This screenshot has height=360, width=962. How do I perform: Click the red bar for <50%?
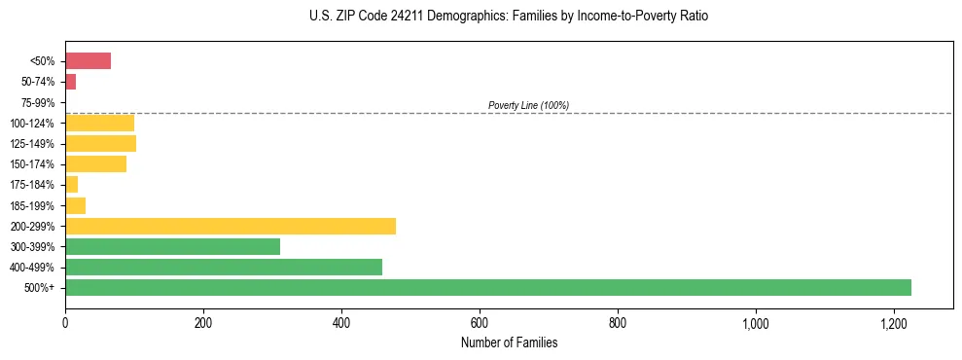(x=88, y=61)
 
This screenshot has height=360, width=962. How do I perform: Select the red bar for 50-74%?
(x=70, y=82)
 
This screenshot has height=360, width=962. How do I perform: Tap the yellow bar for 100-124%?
(x=99, y=123)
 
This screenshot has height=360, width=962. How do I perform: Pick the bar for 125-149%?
(x=100, y=143)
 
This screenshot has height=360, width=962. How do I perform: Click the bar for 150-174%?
(x=95, y=164)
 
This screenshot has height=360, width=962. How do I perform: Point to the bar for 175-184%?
(x=71, y=185)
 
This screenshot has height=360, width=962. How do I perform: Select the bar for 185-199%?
(x=75, y=205)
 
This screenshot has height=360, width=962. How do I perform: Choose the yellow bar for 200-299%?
(x=231, y=226)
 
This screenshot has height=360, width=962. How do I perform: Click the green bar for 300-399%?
(x=172, y=246)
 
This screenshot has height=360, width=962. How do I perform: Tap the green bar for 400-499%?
(x=224, y=267)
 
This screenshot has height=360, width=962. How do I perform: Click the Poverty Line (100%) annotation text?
(x=528, y=105)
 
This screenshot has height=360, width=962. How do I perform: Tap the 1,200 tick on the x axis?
(x=893, y=322)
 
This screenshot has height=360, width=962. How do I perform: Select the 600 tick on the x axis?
(x=480, y=322)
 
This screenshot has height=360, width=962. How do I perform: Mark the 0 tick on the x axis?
(x=65, y=322)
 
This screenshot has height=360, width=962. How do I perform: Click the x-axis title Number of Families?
(x=509, y=342)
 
